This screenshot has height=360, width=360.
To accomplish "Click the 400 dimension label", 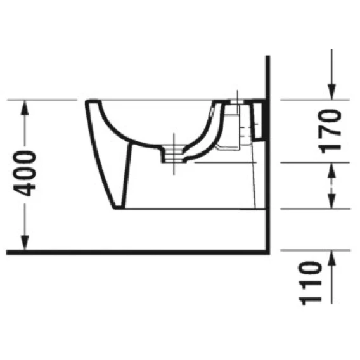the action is [25, 173].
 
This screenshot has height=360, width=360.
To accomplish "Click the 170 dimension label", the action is [329, 132].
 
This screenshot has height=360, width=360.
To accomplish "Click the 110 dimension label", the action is [309, 283].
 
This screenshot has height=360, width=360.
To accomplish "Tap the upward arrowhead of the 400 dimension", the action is [25, 108].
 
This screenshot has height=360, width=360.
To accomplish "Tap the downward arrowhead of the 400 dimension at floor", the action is [25, 243].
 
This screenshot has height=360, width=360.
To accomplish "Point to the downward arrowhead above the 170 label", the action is [331, 92].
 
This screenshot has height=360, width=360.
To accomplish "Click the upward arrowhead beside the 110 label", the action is [331, 258].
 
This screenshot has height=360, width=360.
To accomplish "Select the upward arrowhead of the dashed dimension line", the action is [331, 170].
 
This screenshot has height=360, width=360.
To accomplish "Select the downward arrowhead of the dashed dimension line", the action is [331, 201].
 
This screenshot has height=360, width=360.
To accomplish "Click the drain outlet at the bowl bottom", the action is [174, 154].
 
